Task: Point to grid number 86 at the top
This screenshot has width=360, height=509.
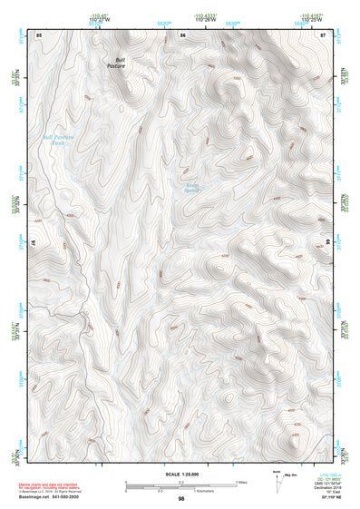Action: click(x=184, y=34)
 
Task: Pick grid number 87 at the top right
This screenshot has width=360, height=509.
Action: click(x=323, y=34)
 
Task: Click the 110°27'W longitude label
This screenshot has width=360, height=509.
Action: click(x=97, y=20)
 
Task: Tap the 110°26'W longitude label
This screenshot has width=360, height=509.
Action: click(x=201, y=20)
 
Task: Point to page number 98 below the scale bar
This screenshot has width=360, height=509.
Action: click(x=181, y=498)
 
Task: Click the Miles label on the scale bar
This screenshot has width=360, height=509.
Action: click(x=241, y=481)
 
